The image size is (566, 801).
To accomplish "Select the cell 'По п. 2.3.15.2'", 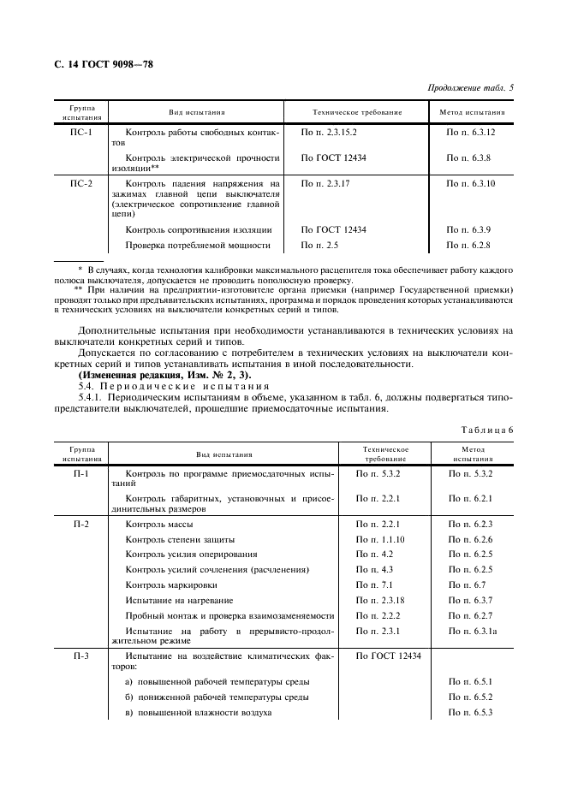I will tap(329, 133).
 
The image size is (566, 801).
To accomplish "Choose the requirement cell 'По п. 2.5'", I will tap(318, 246).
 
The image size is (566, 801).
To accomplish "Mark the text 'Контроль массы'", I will tap(159, 524).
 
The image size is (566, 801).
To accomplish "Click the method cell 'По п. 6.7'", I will tap(466, 585).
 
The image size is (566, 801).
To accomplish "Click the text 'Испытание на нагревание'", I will tap(179, 601).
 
